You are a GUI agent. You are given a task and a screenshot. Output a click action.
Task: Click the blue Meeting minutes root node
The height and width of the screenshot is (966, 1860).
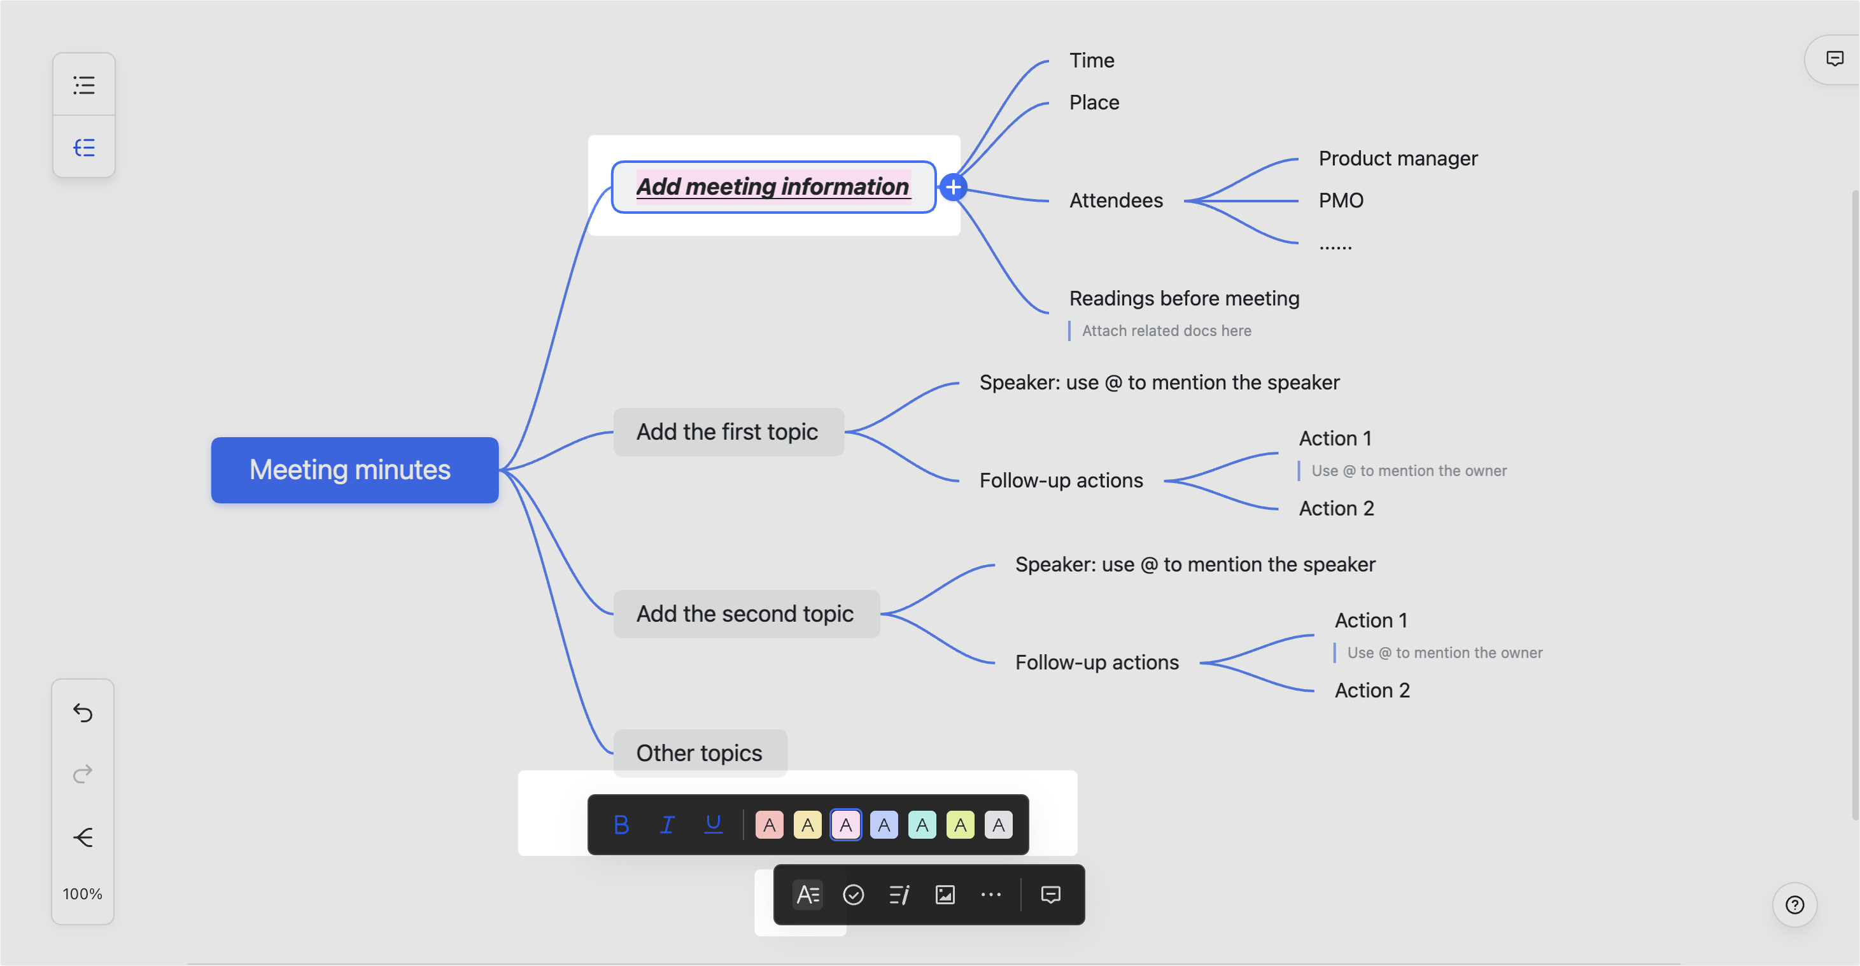[354, 470]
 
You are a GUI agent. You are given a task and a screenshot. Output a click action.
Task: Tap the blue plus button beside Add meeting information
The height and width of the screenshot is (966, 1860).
[953, 188]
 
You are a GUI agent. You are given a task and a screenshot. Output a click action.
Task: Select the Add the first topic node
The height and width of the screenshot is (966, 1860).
[728, 431]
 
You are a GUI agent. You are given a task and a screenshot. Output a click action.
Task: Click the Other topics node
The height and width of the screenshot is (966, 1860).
[699, 753]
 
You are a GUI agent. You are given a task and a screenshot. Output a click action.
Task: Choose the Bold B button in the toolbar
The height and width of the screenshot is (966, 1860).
[621, 825]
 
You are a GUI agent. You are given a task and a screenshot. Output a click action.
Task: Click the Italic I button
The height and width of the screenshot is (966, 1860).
[667, 825]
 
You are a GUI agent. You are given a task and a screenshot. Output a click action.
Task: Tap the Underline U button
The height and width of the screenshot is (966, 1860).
[713, 825]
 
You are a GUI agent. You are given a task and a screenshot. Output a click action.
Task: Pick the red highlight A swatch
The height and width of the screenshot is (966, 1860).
[769, 825]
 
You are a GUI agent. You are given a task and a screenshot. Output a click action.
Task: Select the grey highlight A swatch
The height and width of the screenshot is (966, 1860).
[998, 825]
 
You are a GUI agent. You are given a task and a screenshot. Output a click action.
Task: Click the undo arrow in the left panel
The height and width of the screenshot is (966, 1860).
[83, 713]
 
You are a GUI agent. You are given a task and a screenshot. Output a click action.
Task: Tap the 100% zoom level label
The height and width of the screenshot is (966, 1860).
[82, 894]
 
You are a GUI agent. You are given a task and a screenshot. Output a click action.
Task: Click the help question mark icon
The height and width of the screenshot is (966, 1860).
[1794, 905]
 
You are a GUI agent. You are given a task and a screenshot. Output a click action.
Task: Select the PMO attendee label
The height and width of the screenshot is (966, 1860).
[1341, 200]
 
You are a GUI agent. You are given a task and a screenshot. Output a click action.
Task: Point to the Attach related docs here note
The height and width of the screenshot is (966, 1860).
[1166, 331]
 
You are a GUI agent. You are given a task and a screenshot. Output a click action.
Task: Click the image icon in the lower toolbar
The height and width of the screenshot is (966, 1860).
[945, 895]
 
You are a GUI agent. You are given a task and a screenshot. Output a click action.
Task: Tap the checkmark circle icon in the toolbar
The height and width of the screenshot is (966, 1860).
[854, 895]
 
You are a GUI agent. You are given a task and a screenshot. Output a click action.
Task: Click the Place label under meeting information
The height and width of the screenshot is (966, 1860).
[1094, 102]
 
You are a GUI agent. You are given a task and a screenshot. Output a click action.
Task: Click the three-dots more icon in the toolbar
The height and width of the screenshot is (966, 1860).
[990, 895]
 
